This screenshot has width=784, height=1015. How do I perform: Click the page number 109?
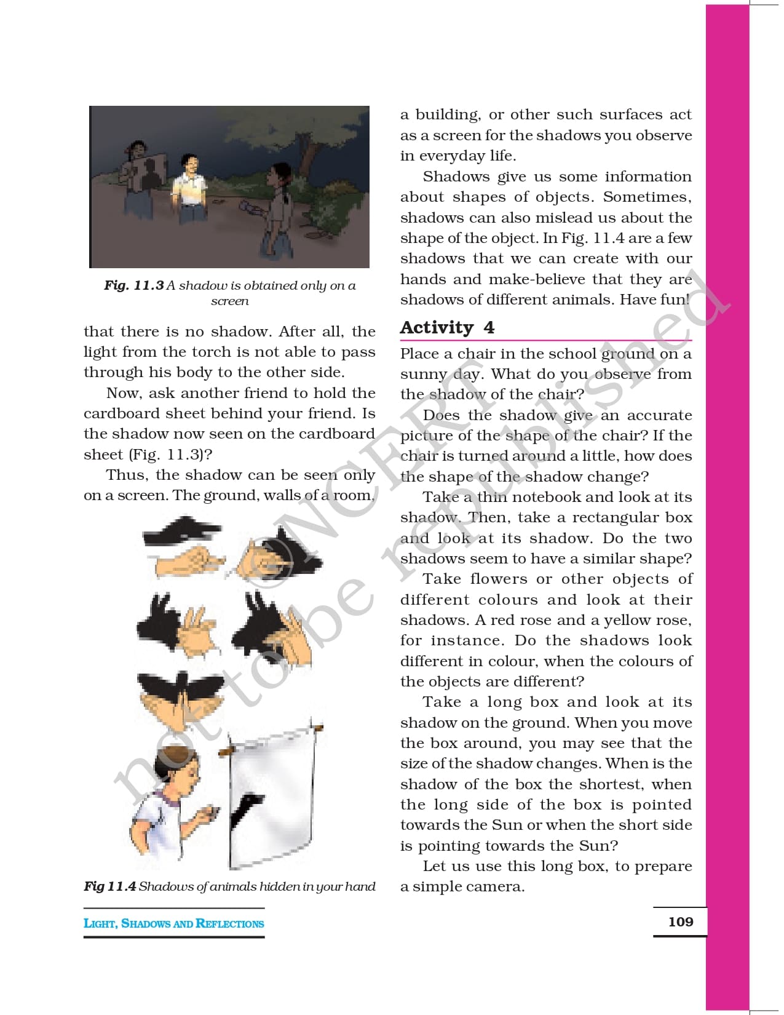click(x=680, y=921)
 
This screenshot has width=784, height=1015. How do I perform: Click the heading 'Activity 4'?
click(x=447, y=327)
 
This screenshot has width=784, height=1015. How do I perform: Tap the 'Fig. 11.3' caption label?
click(x=134, y=285)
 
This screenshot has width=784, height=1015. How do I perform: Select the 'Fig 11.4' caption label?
click(x=110, y=886)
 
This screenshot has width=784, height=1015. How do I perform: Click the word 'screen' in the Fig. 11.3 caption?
click(x=229, y=301)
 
